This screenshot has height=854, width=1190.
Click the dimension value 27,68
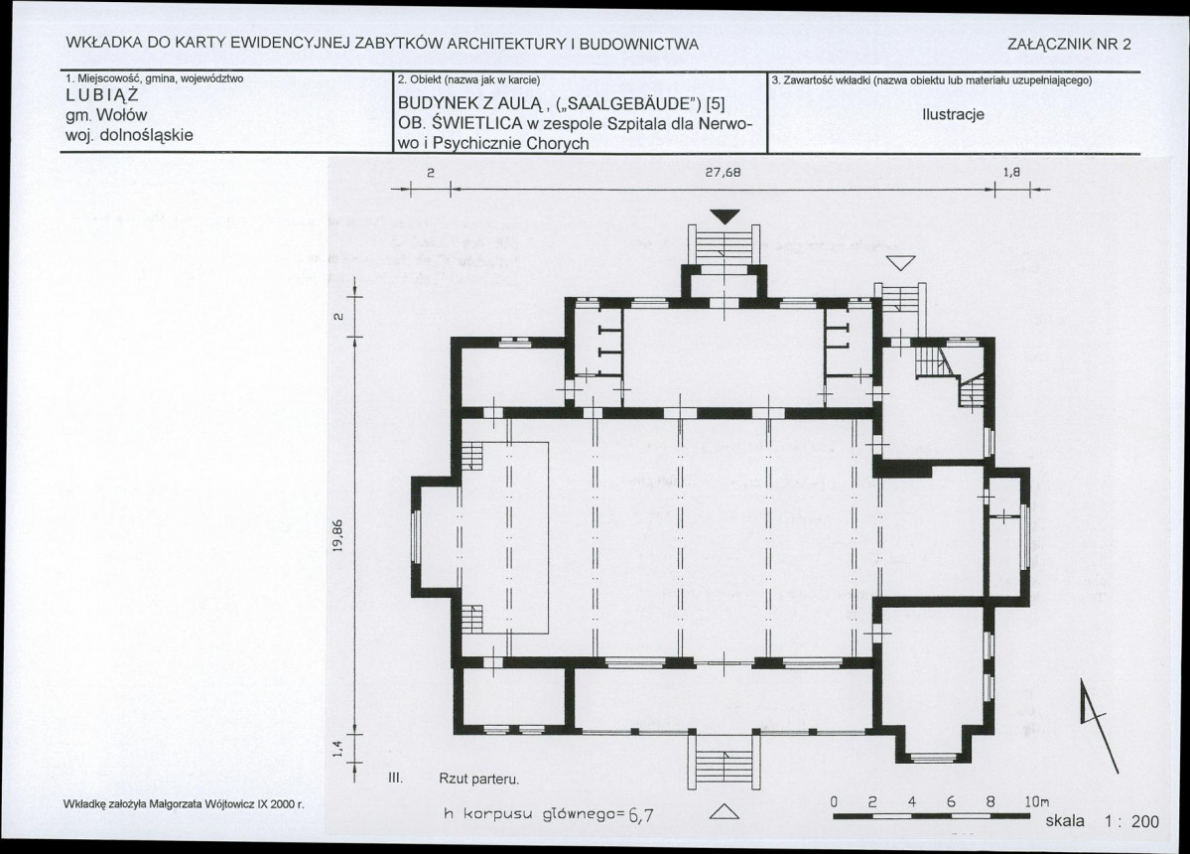tap(723, 173)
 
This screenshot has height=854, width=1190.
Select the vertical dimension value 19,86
tap(338, 536)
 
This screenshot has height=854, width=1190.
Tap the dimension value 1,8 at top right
tap(1011, 173)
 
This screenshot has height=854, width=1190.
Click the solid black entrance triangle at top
tap(725, 216)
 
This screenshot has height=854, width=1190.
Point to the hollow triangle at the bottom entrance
tap(724, 811)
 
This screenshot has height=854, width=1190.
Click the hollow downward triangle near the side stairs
tap(901, 262)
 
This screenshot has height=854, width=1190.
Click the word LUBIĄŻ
tap(102, 95)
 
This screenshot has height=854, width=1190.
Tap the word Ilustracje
tap(953, 114)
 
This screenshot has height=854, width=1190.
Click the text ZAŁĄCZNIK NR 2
tap(1069, 44)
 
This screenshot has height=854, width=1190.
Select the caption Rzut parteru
tap(479, 779)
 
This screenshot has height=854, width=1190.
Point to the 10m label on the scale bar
tap(1037, 801)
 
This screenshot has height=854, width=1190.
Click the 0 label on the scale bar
tap(834, 801)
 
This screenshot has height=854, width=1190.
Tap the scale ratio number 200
tap(1145, 821)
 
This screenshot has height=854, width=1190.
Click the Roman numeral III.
tap(394, 779)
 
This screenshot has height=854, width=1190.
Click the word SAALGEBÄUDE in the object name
tap(627, 104)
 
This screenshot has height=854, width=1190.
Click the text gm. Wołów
tap(106, 115)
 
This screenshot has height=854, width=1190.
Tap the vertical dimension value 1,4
tap(338, 748)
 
